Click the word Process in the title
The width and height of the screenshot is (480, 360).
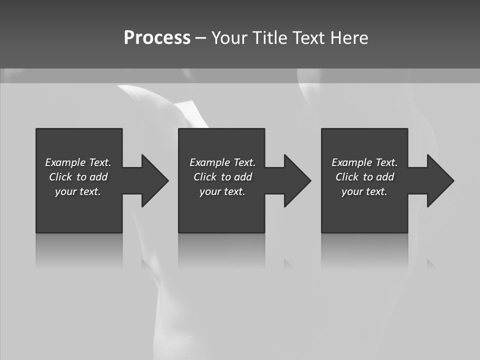pos(157,38)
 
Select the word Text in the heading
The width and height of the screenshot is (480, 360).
pos(309,38)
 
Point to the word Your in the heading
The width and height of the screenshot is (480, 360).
pos(229,38)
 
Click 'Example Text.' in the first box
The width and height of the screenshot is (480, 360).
pos(78,162)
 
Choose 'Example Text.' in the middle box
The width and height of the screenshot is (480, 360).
pos(222,162)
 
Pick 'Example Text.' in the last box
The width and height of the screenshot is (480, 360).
pos(364,162)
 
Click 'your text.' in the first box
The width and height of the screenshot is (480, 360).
pos(78,191)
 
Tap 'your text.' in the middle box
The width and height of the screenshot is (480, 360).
pos(222,191)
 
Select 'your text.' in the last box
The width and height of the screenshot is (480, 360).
pos(364,191)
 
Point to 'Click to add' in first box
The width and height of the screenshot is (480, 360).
pos(78,177)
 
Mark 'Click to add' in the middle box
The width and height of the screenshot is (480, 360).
pos(222,177)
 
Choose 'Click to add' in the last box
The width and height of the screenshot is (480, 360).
pos(364,177)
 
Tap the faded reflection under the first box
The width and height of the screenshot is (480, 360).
pos(79,250)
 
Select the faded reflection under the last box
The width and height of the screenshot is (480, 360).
pos(364,250)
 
